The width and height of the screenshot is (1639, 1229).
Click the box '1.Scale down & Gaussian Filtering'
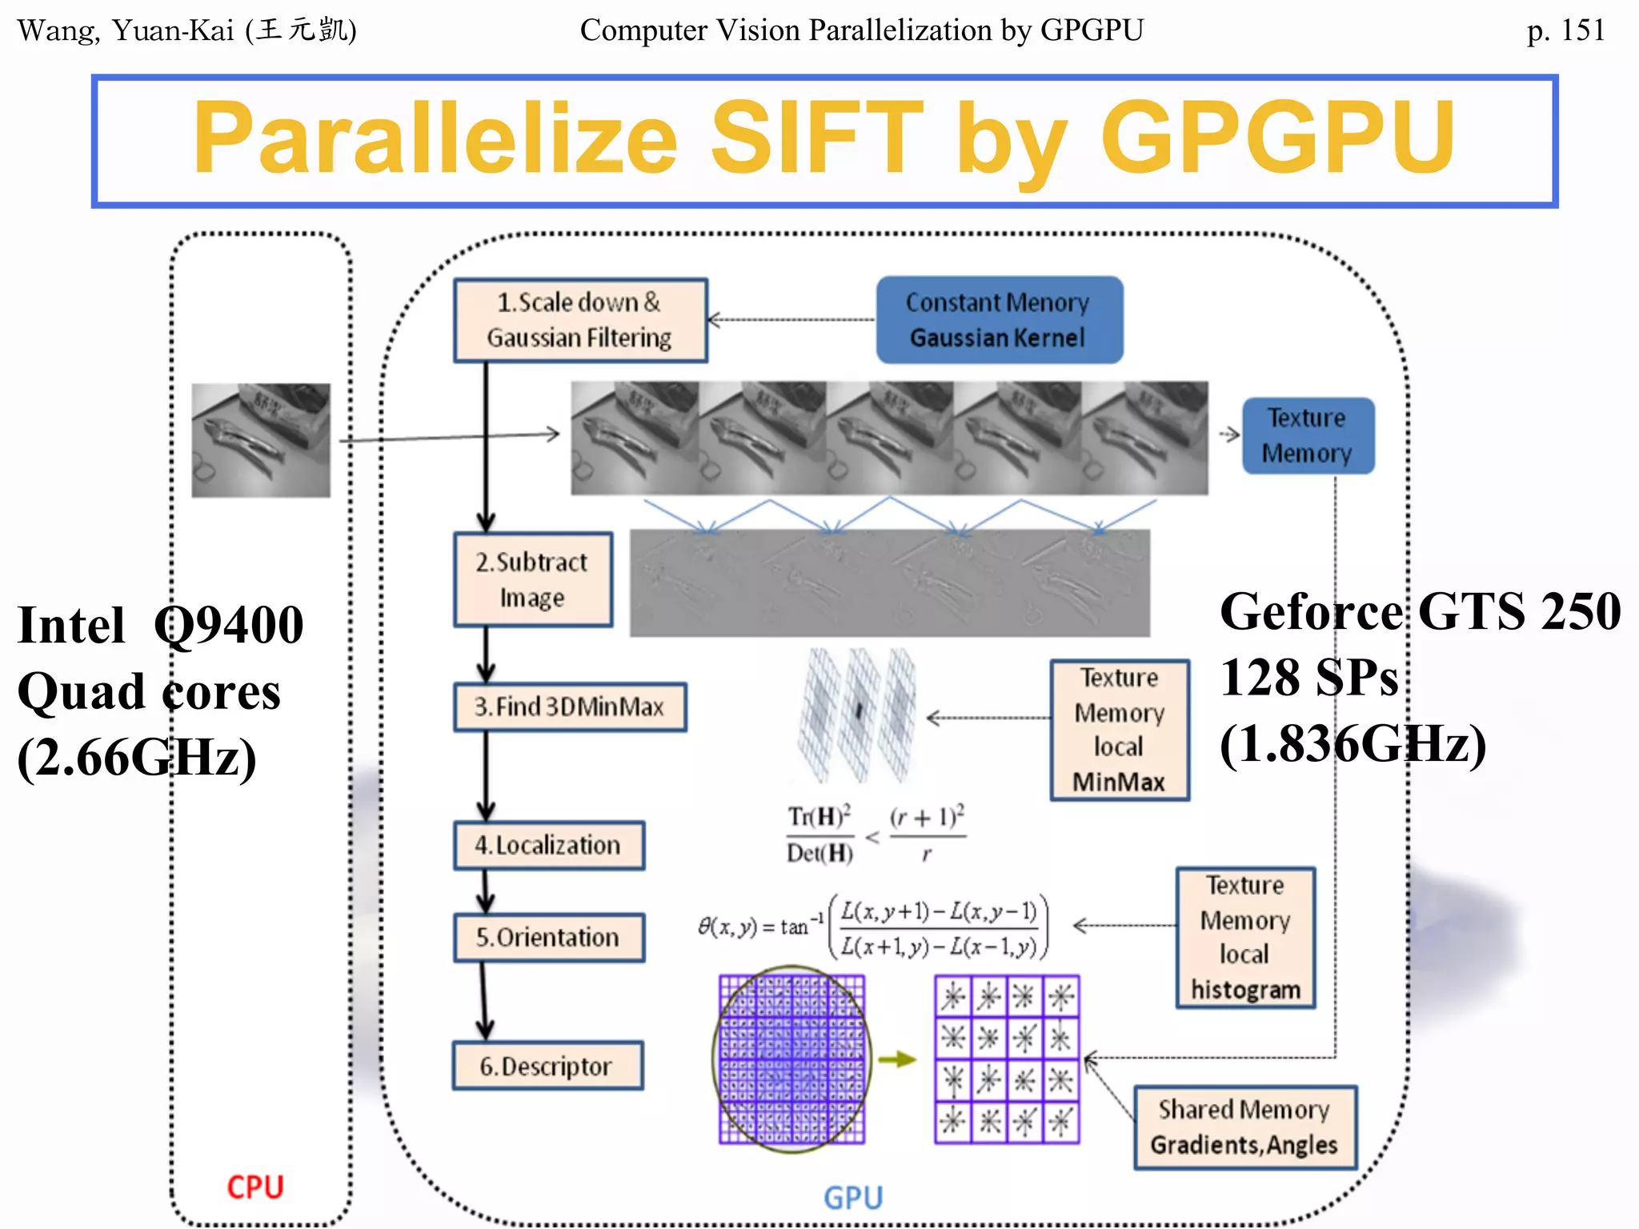coord(580,320)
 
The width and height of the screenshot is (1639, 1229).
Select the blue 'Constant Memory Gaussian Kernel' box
coord(999,320)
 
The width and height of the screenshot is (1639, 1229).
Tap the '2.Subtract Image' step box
coord(533,579)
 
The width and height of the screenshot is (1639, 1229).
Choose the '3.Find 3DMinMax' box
coord(570,707)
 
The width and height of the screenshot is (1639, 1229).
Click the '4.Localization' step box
coord(549,845)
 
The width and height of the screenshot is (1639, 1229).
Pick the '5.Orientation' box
coord(549,937)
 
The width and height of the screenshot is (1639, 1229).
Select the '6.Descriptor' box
coord(547,1066)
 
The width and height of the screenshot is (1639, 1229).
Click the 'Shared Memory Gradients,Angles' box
coord(1244,1127)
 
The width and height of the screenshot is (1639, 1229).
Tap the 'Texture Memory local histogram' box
coord(1245,937)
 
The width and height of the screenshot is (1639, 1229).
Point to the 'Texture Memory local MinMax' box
coord(1120,730)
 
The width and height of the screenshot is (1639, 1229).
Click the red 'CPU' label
coord(255,1187)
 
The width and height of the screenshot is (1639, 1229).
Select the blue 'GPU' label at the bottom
coord(853,1198)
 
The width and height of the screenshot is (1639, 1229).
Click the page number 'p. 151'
coord(1565,30)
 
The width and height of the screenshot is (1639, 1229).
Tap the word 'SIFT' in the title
coord(816,138)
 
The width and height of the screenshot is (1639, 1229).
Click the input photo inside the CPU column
coord(261,440)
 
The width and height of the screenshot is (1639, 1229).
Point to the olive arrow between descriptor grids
coord(897,1060)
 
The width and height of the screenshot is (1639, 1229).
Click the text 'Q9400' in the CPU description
coord(229,625)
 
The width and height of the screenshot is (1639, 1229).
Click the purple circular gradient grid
coord(791,1059)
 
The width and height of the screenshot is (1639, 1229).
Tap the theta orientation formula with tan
coord(872,927)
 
